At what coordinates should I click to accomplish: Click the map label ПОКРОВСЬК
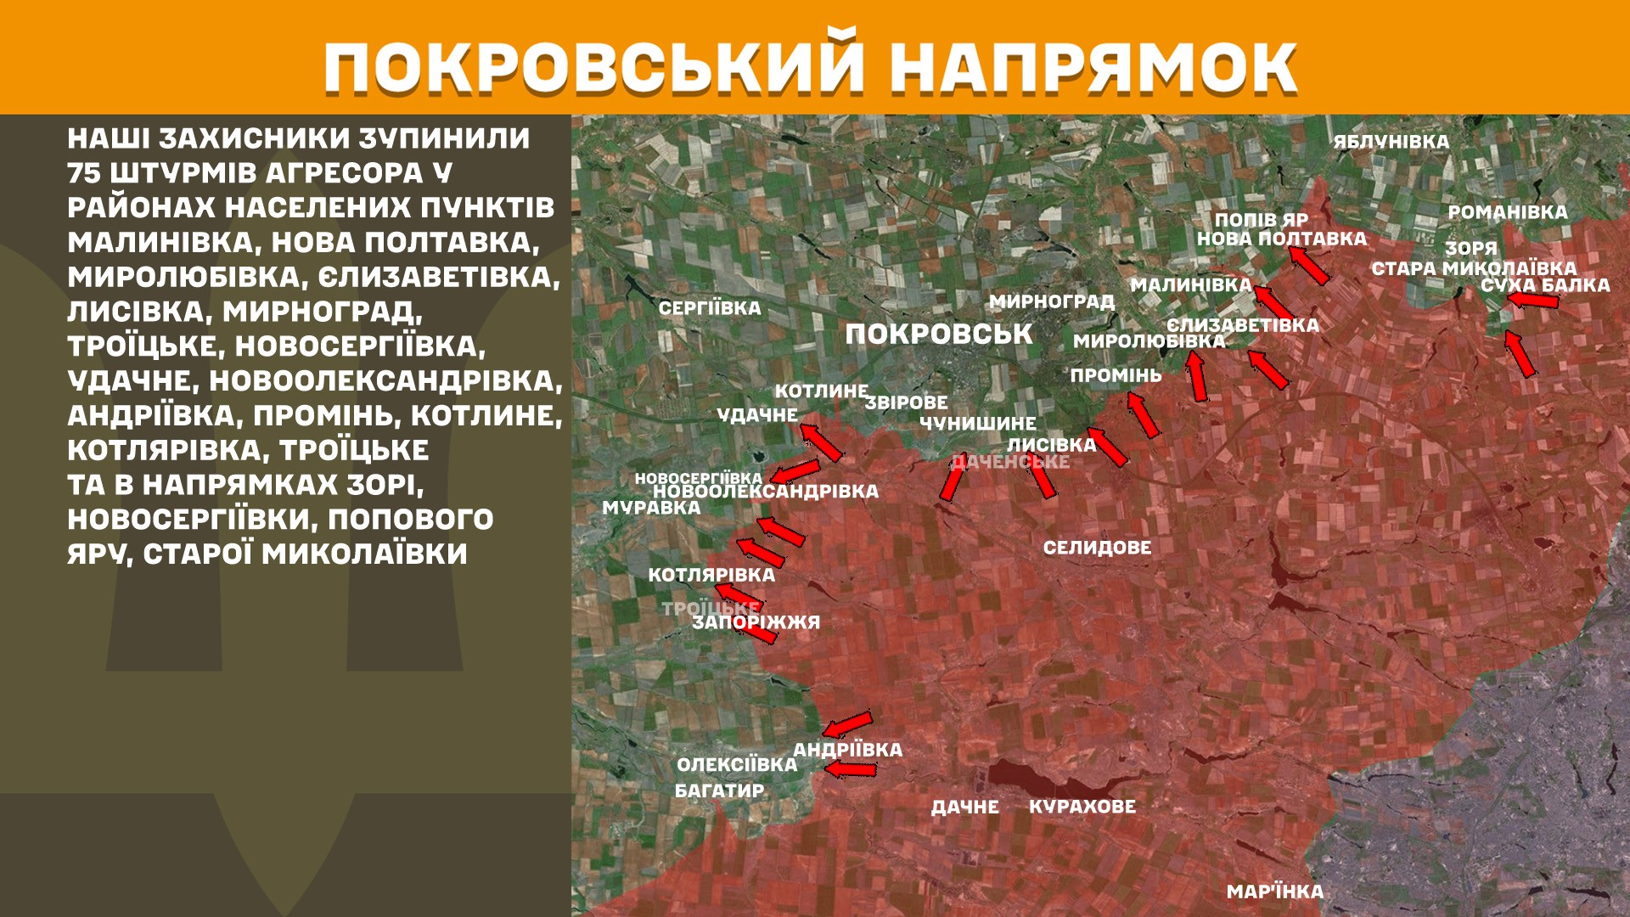[939, 334]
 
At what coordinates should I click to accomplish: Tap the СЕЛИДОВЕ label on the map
[1097, 548]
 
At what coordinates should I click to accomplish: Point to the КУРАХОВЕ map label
[1082, 806]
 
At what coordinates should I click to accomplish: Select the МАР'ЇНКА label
[1275, 892]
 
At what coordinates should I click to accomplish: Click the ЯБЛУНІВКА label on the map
[1391, 142]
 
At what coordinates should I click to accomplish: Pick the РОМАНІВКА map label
[1508, 212]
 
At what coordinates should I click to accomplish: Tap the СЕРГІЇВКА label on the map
[710, 308]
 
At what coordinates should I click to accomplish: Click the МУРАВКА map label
[651, 508]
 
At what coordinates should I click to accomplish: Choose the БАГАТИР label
[719, 790]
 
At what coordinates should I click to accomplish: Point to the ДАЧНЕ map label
[965, 807]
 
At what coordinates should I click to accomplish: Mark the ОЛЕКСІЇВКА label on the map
[737, 764]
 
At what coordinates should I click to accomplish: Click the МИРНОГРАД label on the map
[1051, 301]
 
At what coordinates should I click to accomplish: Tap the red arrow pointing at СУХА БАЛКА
[1533, 300]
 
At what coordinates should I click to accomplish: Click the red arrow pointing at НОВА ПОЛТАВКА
[1310, 264]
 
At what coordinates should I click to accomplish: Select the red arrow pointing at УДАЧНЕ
[821, 442]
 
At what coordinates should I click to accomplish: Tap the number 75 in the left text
[84, 173]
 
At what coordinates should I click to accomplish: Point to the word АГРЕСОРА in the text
[344, 173]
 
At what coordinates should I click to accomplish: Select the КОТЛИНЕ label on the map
[821, 391]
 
